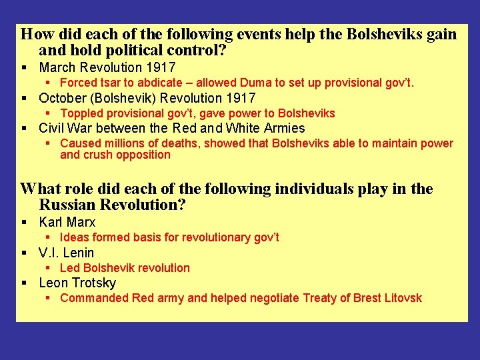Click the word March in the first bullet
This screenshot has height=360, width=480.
[x=57, y=67]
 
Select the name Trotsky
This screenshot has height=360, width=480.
[x=94, y=283]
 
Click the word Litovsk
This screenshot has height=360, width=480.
[x=403, y=298]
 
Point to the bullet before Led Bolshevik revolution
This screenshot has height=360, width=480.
[x=49, y=268]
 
